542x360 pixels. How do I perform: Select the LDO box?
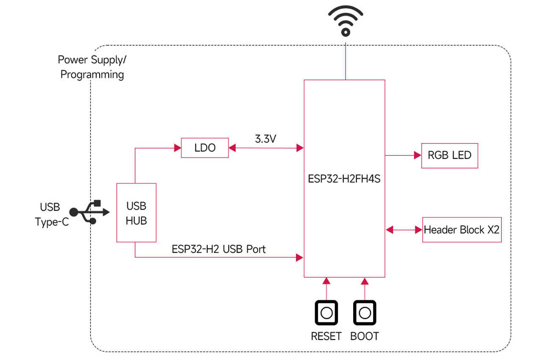point(205,148)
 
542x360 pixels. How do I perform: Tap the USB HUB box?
point(136,213)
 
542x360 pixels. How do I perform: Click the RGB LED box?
point(449,155)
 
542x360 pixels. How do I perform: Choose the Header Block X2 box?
point(462,230)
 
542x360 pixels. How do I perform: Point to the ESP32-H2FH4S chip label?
point(344,179)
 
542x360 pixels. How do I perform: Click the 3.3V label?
point(265,139)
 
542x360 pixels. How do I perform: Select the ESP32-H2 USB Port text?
point(218,249)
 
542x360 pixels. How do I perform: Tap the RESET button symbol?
point(326,313)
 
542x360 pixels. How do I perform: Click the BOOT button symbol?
point(365,313)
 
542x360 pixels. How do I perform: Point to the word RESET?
point(326,336)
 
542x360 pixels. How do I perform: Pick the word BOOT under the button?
point(365,336)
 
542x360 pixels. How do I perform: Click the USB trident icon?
point(90,211)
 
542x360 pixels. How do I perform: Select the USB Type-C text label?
point(51,215)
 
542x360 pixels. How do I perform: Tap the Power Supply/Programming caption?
point(92,67)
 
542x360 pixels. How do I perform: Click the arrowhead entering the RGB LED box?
point(418,155)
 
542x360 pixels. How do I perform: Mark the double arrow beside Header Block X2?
point(404,230)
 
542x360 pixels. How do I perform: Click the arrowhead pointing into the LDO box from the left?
point(177,148)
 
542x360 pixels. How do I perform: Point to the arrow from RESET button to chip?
point(326,288)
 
